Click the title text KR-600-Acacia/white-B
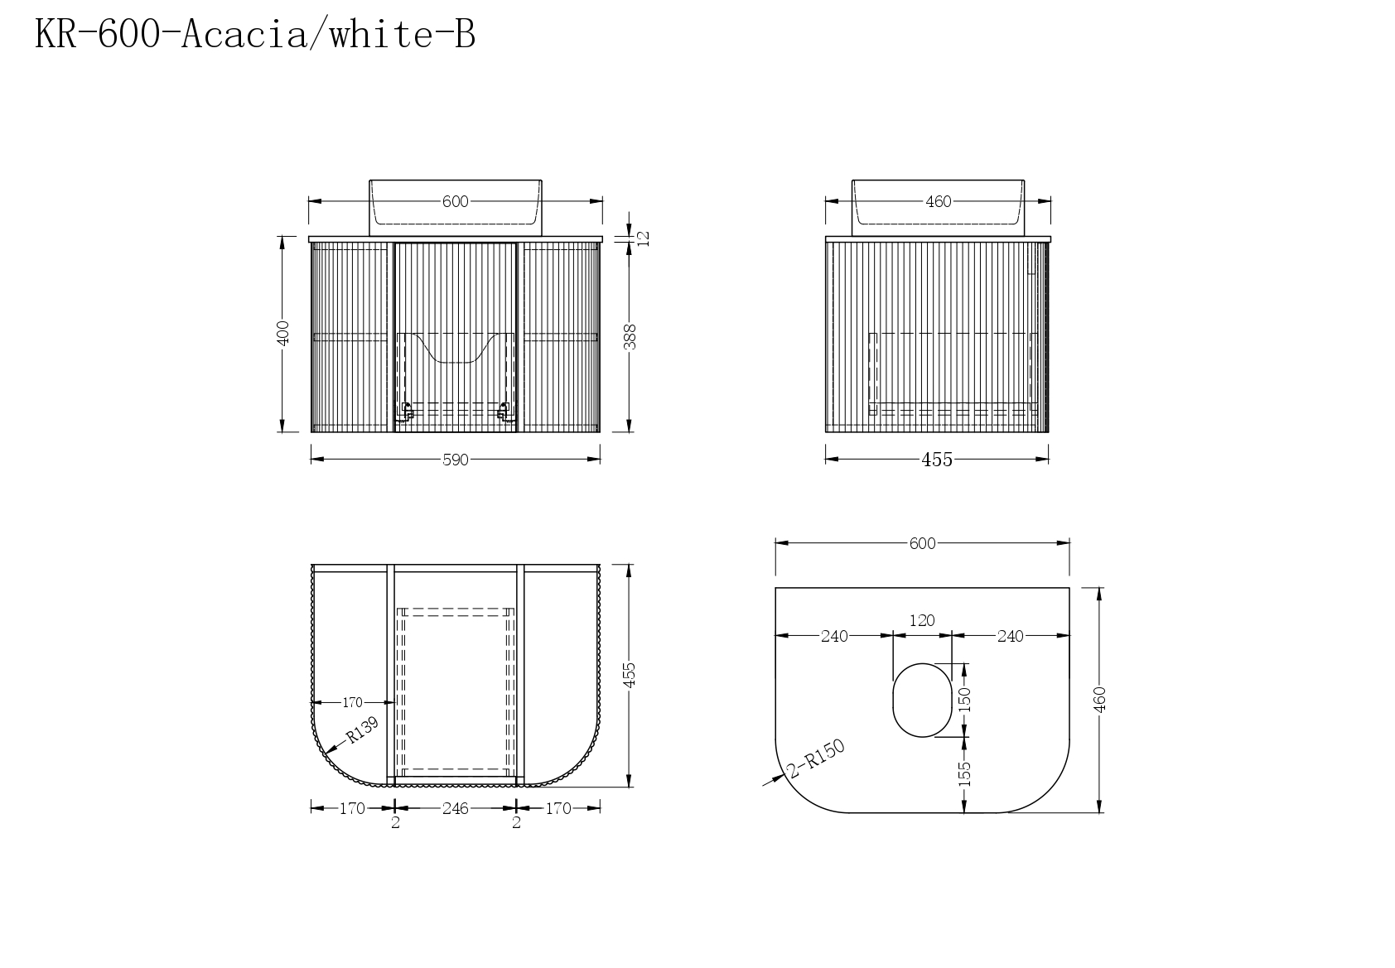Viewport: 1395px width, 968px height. point(255,34)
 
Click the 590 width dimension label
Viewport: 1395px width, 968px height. point(456,460)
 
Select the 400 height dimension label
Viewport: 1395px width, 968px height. point(282,333)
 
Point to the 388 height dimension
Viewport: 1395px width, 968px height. point(630,337)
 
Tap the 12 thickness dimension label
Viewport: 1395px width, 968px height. point(644,238)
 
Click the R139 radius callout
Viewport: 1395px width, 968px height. point(362,730)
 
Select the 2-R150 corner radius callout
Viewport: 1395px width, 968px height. point(816,759)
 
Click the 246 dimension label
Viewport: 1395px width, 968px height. point(456,808)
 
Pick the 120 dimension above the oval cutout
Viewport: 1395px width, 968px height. point(922,621)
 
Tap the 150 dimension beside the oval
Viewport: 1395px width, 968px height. point(964,700)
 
